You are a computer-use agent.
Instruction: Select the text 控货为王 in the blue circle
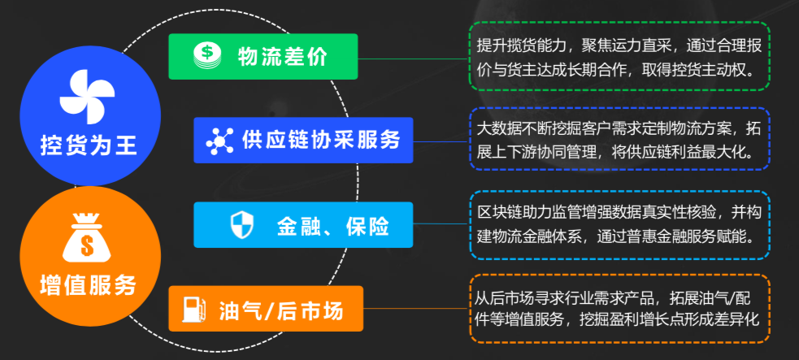[89, 147]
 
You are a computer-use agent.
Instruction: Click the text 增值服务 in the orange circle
[89, 285]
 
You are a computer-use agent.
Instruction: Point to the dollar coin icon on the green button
[206, 56]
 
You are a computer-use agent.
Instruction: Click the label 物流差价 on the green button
[282, 56]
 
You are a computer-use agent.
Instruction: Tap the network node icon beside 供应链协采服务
[219, 140]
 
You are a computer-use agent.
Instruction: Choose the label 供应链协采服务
[321, 140]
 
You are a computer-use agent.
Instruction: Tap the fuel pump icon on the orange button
[193, 309]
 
